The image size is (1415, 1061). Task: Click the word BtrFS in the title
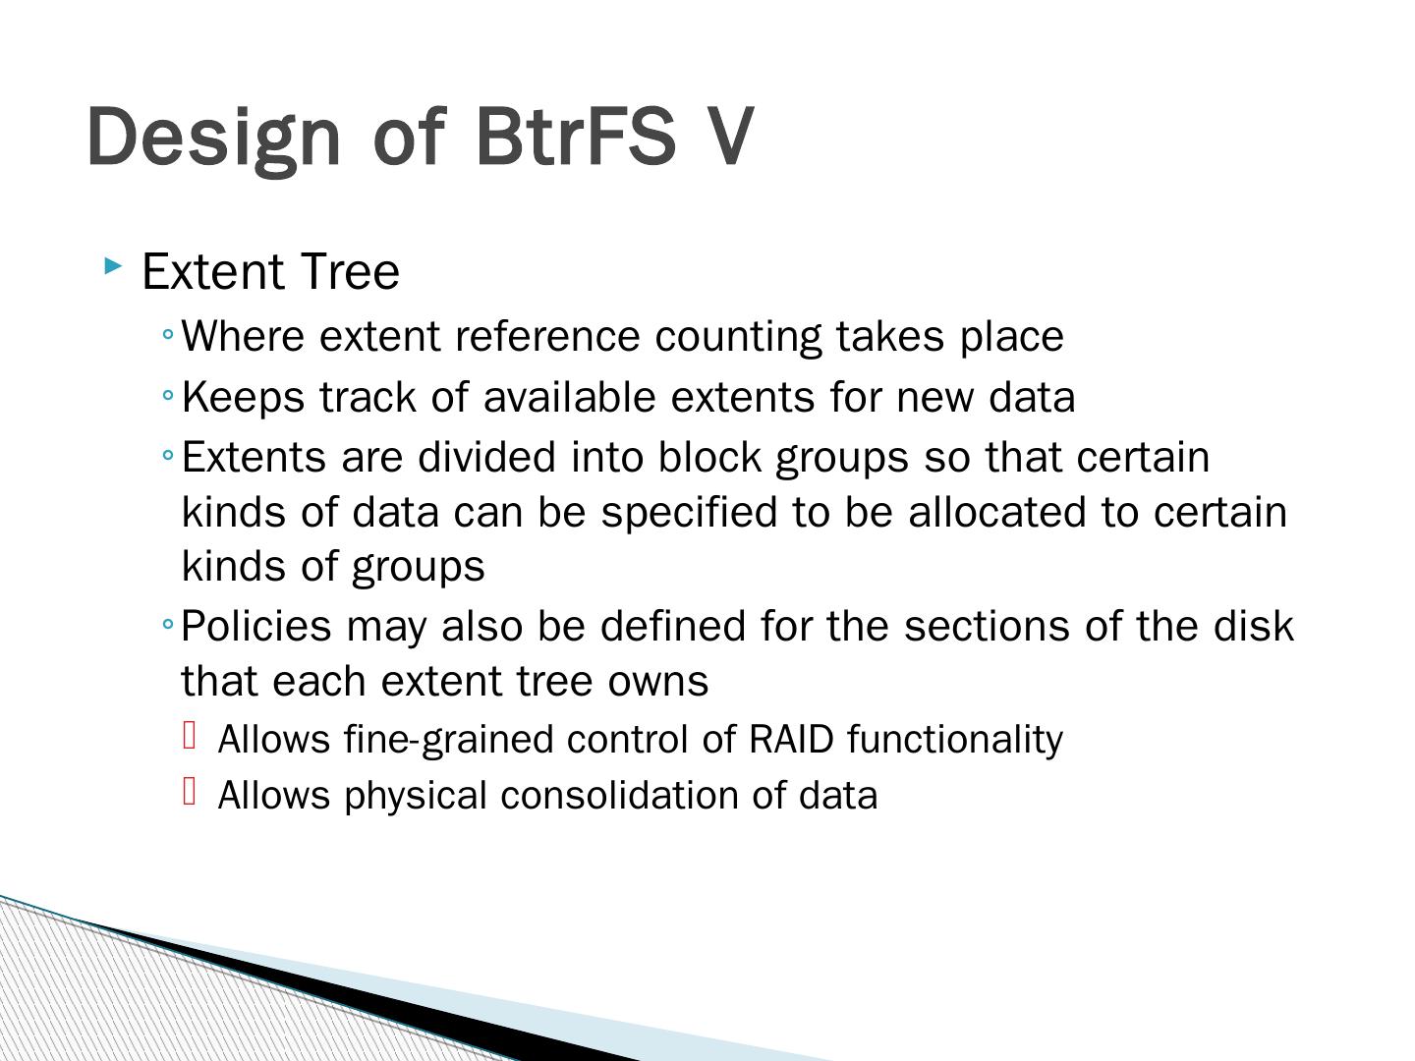coord(576,136)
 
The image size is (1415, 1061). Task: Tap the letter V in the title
coord(728,136)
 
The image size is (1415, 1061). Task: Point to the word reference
coord(548,336)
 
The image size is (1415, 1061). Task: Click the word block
coord(709,457)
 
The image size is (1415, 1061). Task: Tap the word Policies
coord(256,626)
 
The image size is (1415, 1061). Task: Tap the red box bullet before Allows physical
coord(191,791)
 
